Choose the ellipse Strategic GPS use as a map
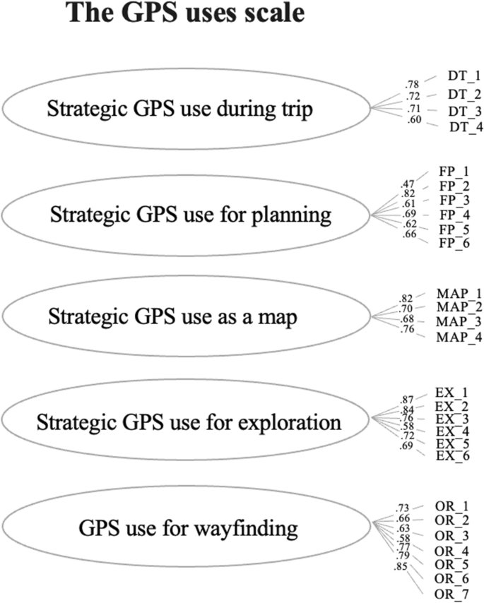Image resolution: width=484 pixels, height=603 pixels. pyautogui.click(x=187, y=317)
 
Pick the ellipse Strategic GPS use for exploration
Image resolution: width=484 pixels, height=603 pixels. pyautogui.click(x=187, y=423)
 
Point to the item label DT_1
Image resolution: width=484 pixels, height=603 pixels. pyautogui.click(x=464, y=74)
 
